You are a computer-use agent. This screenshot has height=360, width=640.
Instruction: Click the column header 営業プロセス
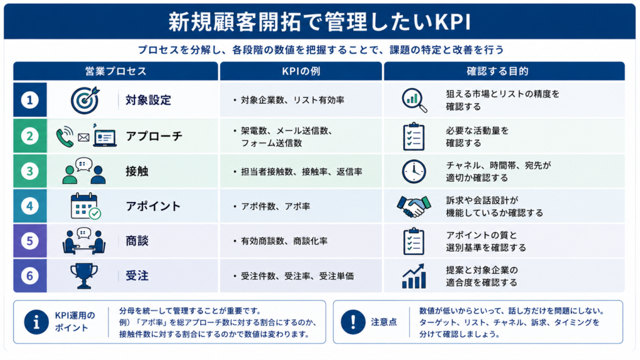pos(116,71)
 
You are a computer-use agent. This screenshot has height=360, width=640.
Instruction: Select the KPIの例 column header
pos(301,71)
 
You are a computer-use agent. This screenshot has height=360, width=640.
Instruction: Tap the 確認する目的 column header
pos(497,71)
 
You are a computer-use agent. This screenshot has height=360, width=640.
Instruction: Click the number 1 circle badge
pos(30,100)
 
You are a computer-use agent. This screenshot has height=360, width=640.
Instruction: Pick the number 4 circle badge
pos(30,206)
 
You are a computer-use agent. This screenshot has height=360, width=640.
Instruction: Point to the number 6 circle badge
pos(30,276)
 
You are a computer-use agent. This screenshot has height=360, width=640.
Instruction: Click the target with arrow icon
pos(85,100)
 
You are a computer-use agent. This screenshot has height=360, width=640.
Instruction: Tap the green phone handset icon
pos(64,136)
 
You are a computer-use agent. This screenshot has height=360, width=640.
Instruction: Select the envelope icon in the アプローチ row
pos(84,137)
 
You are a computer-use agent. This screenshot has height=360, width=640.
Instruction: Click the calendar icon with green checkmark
pos(85,206)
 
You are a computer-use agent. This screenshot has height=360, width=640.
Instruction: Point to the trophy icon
pos(84,276)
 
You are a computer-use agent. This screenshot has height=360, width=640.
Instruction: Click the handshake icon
pos(414,206)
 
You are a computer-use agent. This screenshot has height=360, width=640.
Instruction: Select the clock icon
pos(414,171)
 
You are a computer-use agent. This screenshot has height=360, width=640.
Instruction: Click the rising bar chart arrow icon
pos(414,276)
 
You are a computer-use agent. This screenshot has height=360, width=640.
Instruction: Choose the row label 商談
pos(137,241)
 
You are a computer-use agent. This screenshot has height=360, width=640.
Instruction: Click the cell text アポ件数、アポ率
pos(276,206)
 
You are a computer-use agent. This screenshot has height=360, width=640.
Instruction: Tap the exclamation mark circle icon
pos(353,322)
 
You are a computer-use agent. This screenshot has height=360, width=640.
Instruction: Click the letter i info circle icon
pos(36,322)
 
